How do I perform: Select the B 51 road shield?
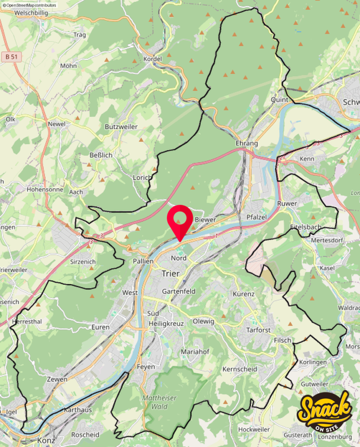point(11,56)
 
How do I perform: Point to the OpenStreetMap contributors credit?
point(29,5)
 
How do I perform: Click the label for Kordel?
point(152,59)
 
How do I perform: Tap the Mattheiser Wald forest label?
point(153,402)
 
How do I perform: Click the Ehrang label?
point(246,143)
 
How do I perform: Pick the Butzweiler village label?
point(121,127)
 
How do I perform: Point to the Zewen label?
point(57,379)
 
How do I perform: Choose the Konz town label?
point(46,440)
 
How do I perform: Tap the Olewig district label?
point(203,321)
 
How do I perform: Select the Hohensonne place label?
point(45,190)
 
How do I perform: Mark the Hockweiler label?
point(254,430)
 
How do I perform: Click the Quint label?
point(280,100)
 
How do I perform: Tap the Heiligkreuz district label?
point(166,324)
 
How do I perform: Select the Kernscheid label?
point(239,369)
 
